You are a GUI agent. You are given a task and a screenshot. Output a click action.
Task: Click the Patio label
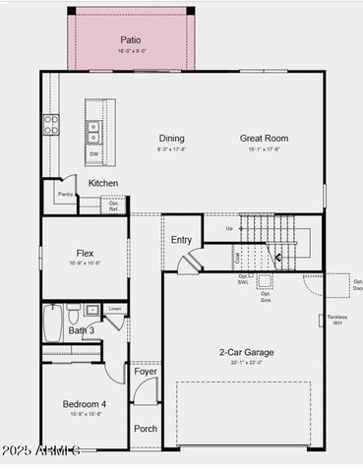coord(131,40)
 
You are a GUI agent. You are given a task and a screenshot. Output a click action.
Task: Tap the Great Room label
coord(264,139)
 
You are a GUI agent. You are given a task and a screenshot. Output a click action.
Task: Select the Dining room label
coord(171,139)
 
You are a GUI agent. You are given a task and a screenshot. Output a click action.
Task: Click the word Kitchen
coord(103,184)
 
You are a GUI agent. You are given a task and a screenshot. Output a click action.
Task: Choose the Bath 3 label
coord(82,330)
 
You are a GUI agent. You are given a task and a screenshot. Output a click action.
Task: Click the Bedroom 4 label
coord(85,404)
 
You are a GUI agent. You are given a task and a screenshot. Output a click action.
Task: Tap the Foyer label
coord(146,372)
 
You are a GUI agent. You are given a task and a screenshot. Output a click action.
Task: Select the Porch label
coord(146,429)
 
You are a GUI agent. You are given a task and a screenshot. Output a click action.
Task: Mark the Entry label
coord(182,240)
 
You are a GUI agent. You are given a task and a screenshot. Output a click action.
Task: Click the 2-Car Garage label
coord(246,352)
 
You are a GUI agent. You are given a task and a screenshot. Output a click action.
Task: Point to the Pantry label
coord(65,195)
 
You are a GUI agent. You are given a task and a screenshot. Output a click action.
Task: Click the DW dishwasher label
coord(93,153)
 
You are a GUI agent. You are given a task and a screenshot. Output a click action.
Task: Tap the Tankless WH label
coord(337,320)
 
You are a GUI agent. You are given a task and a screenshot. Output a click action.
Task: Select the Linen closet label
coord(115,309)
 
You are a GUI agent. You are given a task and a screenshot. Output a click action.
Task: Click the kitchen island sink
coord(93,127)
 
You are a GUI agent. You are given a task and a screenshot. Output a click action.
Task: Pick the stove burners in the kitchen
coord(50,125)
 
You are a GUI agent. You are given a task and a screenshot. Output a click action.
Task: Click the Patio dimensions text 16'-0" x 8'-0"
coord(131,51)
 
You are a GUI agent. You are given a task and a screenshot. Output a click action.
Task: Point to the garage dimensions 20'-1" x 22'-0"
coord(246,363)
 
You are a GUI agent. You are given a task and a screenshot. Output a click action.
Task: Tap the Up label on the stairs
coord(229,228)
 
